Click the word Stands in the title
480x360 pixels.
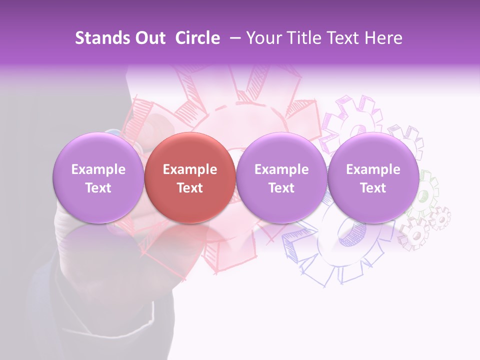[98, 38]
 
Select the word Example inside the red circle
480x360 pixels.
[189, 169]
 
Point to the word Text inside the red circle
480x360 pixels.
[189, 188]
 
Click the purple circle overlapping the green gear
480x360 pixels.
[373, 178]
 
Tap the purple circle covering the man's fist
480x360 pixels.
[98, 178]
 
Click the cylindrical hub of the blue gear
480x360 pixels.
[345, 235]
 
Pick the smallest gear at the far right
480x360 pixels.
[440, 218]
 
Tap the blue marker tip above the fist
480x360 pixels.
[114, 133]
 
